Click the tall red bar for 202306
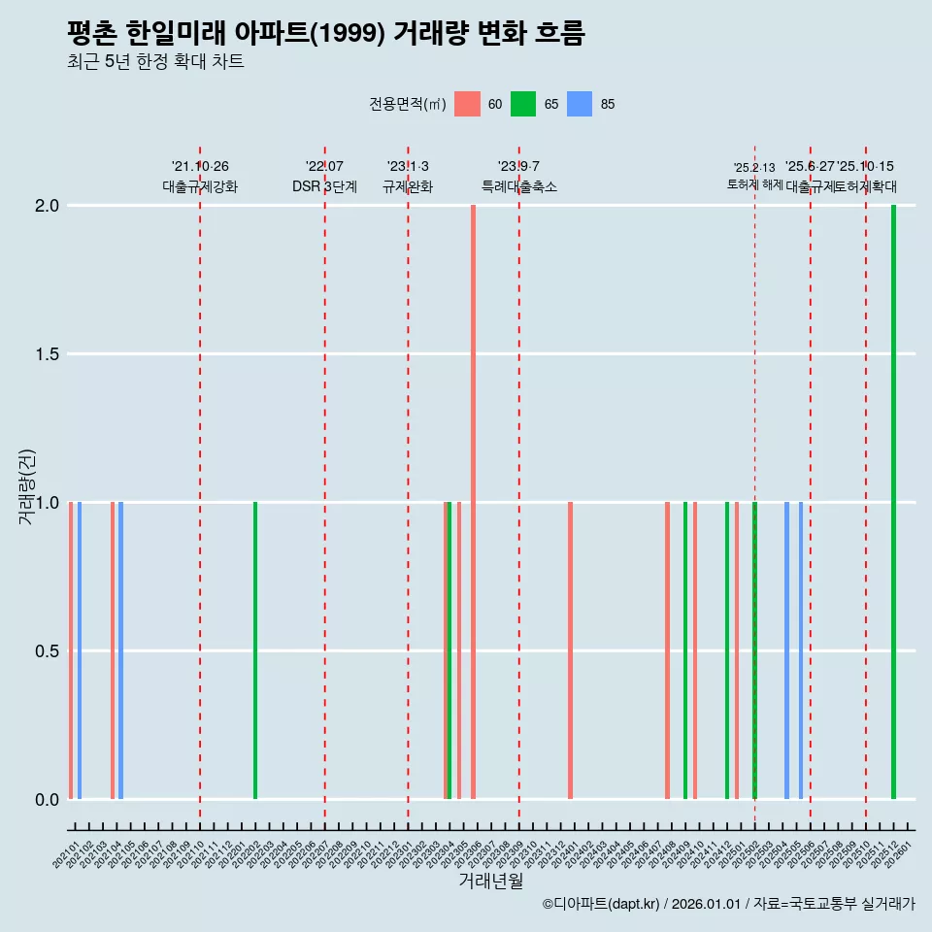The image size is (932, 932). (x=473, y=502)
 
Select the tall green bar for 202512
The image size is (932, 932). (x=893, y=502)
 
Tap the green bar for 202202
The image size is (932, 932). (x=255, y=650)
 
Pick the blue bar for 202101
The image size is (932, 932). (x=80, y=650)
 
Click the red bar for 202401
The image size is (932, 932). (x=570, y=650)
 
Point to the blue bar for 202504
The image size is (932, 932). (x=786, y=650)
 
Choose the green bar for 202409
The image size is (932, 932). (x=685, y=650)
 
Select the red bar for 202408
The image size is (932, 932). (x=667, y=650)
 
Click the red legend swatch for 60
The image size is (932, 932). (x=468, y=104)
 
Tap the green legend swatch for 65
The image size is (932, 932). (x=524, y=104)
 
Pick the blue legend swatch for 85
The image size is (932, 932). (x=580, y=104)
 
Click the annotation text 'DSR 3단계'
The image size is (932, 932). (x=324, y=186)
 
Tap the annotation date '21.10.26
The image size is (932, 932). (x=200, y=167)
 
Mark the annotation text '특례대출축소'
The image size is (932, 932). (x=519, y=186)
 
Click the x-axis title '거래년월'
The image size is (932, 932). (x=491, y=882)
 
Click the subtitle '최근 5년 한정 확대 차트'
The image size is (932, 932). (x=155, y=62)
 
